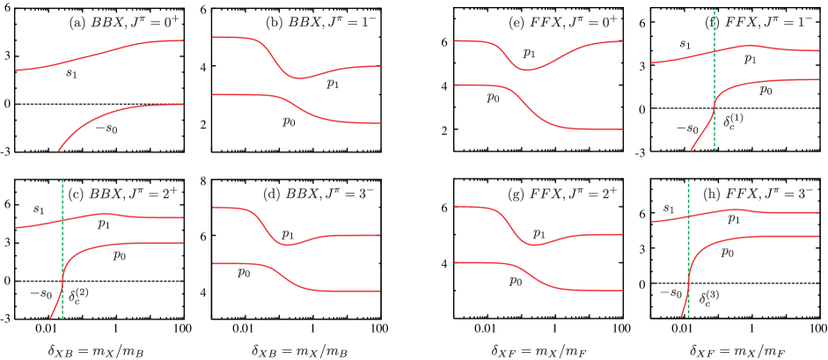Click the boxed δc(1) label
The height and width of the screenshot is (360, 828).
733,121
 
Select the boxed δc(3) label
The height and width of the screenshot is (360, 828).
709,297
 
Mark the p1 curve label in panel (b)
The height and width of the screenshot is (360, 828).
333,84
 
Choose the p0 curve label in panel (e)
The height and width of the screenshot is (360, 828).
494,97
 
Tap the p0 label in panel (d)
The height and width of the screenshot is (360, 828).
244,273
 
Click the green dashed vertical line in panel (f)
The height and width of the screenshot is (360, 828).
714,88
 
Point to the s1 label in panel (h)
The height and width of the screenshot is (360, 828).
669,209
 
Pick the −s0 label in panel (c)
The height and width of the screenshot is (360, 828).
41,294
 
